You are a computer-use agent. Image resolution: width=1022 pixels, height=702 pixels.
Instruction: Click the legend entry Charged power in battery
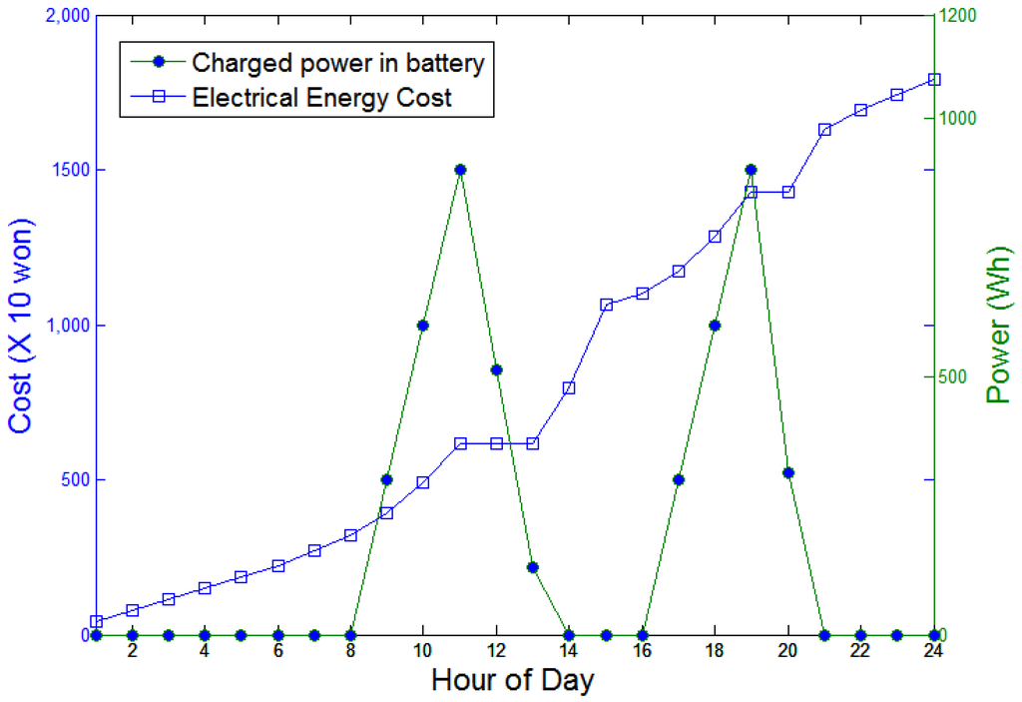pyautogui.click(x=337, y=63)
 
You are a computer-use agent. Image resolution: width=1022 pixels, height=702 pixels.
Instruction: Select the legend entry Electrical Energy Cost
pyautogui.click(x=321, y=98)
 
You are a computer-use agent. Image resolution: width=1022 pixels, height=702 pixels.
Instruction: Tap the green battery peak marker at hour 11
pyautogui.click(x=460, y=170)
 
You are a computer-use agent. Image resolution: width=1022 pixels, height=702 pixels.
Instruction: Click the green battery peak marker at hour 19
pyautogui.click(x=752, y=170)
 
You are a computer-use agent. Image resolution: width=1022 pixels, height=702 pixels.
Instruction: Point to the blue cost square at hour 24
pyautogui.click(x=934, y=79)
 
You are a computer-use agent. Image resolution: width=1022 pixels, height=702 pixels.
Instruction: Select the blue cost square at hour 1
pyautogui.click(x=96, y=621)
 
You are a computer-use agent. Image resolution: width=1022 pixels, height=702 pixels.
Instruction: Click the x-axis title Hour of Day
pyautogui.click(x=513, y=681)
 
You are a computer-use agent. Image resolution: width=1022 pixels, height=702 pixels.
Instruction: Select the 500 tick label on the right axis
pyautogui.click(x=956, y=377)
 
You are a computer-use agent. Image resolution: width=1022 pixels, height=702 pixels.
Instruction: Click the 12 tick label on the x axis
pyautogui.click(x=496, y=650)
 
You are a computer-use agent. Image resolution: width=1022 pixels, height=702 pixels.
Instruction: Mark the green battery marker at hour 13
pyautogui.click(x=533, y=567)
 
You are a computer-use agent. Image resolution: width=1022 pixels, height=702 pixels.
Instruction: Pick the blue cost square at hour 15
pyautogui.click(x=606, y=305)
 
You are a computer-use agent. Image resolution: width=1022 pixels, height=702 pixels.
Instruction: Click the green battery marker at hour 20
pyautogui.click(x=788, y=472)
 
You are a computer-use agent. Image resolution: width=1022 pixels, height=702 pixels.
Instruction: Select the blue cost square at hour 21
pyautogui.click(x=824, y=130)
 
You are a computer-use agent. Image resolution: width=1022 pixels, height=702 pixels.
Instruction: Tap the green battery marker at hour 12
pyautogui.click(x=496, y=369)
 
